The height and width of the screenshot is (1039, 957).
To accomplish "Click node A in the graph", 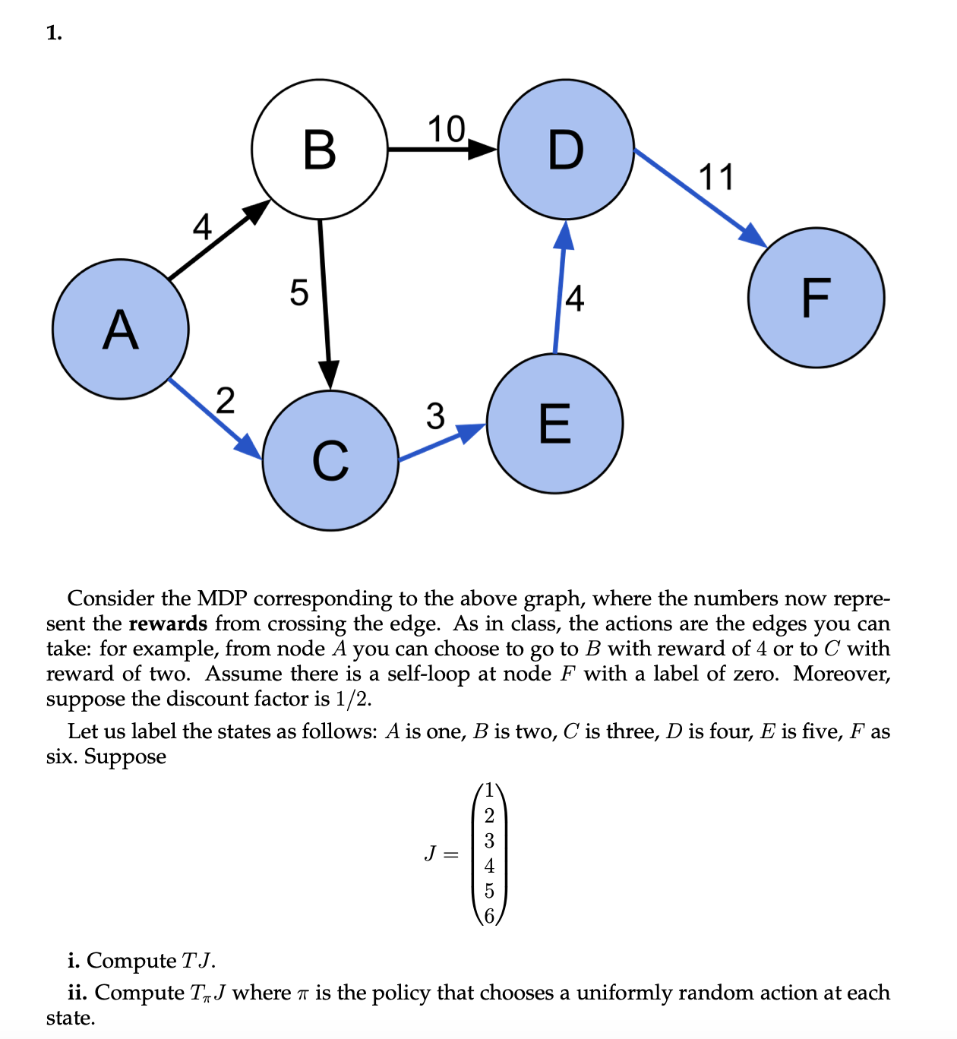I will tap(120, 330).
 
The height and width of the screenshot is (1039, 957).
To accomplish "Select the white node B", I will tap(319, 149).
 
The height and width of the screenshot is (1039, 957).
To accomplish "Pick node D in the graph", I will tap(566, 149).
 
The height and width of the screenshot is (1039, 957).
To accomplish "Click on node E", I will tap(554, 423).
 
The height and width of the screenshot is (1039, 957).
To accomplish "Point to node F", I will tap(816, 297).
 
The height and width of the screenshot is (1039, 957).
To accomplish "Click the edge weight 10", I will tap(446, 129).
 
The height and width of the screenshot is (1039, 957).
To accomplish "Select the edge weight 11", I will tap(716, 177).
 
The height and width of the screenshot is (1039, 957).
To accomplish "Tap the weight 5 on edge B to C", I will tap(299, 292).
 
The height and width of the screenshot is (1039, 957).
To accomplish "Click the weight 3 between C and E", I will tap(434, 415).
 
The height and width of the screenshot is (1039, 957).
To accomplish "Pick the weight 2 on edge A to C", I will tap(225, 400).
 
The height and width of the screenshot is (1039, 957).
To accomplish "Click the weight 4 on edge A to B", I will tap(201, 226).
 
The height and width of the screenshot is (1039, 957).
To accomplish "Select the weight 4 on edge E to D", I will tap(575, 298).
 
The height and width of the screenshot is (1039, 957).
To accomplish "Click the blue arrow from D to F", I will tap(699, 197).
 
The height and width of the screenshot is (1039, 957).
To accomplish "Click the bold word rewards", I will tap(168, 624).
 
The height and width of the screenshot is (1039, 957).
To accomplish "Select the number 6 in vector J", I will tap(489, 916).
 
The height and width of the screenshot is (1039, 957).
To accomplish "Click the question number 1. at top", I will tap(54, 33).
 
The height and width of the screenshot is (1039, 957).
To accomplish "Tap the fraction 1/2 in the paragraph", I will tap(352, 699).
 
